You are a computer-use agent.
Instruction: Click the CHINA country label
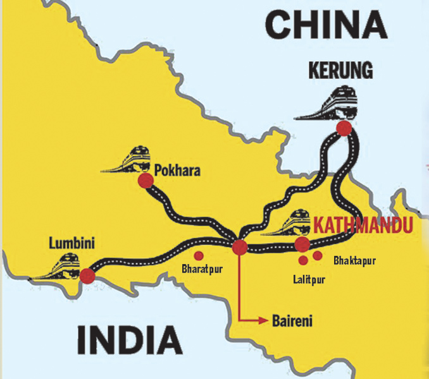(x=326, y=27)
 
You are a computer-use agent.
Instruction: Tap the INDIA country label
(x=130, y=340)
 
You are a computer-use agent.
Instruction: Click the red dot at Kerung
(x=344, y=129)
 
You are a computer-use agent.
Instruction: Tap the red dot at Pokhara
(x=146, y=181)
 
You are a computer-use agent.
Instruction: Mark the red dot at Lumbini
(x=87, y=275)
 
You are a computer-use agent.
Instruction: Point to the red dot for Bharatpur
(x=199, y=255)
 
